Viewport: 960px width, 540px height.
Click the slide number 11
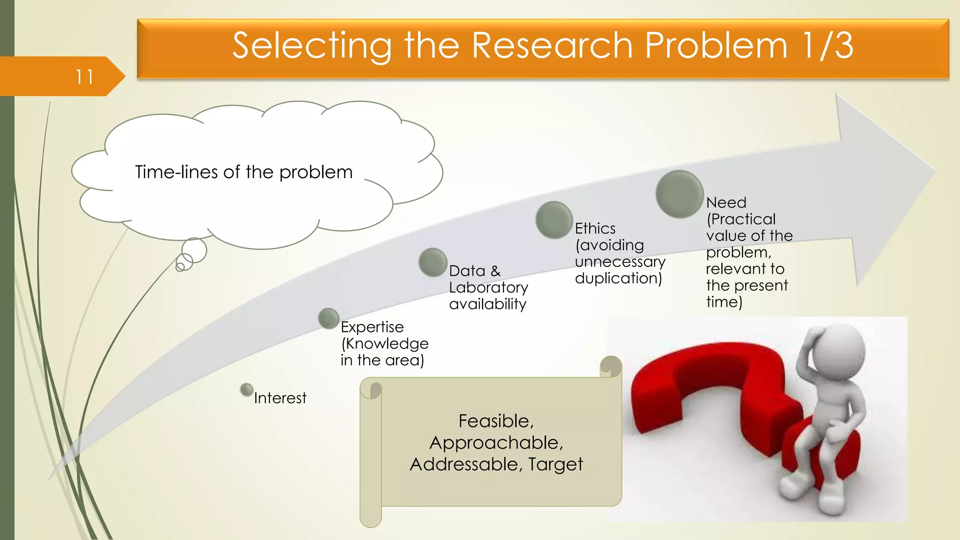(x=84, y=77)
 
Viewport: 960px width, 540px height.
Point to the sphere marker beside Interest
(x=247, y=390)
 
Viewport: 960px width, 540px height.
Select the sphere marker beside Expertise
(x=329, y=318)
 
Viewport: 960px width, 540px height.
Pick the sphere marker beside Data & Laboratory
(x=433, y=262)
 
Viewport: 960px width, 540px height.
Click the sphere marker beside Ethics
(x=554, y=220)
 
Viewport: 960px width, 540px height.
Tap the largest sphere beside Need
(x=679, y=194)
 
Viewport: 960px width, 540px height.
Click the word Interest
(x=280, y=398)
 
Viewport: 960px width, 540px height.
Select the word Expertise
(x=372, y=327)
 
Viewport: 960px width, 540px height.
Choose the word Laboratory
(x=488, y=287)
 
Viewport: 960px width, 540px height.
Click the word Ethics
(x=595, y=228)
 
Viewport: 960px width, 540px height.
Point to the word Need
(x=726, y=202)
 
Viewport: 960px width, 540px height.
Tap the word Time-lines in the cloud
(x=177, y=172)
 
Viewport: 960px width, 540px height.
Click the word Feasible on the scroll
(x=495, y=421)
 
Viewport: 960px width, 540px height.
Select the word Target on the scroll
(x=555, y=464)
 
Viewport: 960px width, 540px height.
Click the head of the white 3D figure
(x=839, y=349)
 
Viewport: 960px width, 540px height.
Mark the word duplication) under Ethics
(x=618, y=278)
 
